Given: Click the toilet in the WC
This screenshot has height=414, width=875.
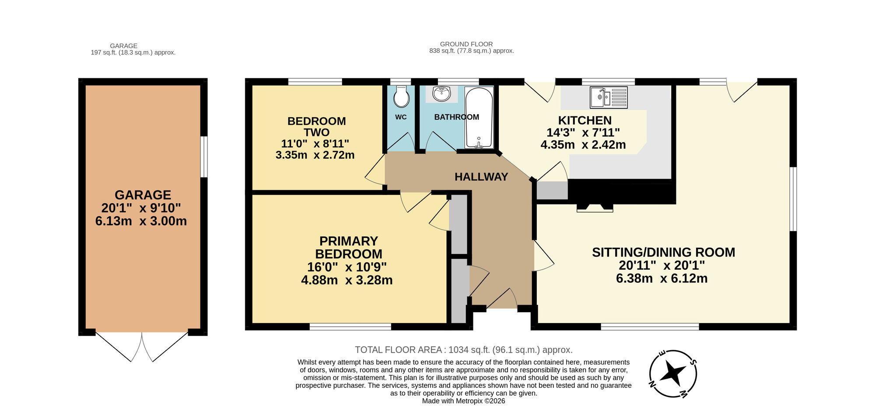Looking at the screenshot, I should [401, 97].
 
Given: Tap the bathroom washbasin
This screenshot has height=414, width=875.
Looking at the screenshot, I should [442, 93].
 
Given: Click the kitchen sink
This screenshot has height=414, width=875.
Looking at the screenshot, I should [608, 97].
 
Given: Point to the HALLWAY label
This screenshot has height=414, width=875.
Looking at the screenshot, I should [481, 177].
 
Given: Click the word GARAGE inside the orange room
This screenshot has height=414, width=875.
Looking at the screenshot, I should [143, 195].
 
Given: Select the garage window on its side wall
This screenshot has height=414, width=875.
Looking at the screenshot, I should [204, 157].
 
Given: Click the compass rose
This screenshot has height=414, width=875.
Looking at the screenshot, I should [673, 374].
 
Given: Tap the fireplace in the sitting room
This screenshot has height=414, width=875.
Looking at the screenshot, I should [595, 207].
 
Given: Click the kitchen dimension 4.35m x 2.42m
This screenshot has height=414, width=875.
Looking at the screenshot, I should [583, 145].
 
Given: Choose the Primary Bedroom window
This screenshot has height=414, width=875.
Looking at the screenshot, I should [350, 326].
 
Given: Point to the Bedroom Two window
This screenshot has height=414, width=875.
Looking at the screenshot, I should [315, 81].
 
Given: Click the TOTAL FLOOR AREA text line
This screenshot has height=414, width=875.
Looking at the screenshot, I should [463, 350].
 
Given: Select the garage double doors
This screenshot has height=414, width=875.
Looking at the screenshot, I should [142, 346].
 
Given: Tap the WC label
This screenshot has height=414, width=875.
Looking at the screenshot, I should [401, 117].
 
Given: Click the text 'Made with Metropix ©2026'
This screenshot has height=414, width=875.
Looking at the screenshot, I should [463, 401].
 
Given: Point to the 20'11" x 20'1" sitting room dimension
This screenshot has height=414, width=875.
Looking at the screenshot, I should [661, 265].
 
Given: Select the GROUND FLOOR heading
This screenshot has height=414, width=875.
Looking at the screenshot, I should [466, 44].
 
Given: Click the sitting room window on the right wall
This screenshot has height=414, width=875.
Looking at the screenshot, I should [793, 199].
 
